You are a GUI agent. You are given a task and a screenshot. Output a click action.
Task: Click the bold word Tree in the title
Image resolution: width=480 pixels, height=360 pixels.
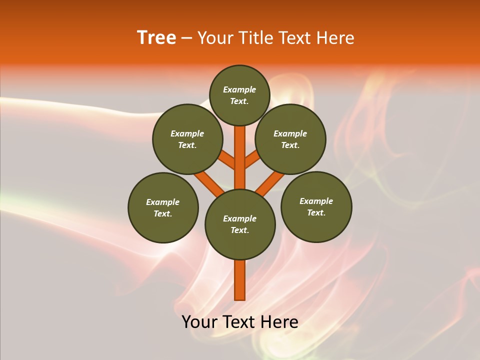pyautogui.click(x=156, y=38)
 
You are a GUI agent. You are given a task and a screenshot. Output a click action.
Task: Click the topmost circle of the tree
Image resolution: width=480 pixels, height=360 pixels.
pyautogui.click(x=239, y=95)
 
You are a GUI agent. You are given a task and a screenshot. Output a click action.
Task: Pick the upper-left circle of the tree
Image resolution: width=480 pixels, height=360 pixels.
pyautogui.click(x=187, y=139)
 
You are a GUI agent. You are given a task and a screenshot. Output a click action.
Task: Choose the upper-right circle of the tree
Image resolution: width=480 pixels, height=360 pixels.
pyautogui.click(x=290, y=139)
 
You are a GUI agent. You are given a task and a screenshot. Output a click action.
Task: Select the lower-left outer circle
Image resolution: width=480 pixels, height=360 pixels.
pyautogui.click(x=163, y=207)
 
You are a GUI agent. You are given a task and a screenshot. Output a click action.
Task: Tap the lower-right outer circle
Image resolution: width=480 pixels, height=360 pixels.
pyautogui.click(x=316, y=206)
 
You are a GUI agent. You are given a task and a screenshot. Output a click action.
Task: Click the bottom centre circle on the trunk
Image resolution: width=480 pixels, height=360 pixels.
pyautogui.click(x=240, y=224)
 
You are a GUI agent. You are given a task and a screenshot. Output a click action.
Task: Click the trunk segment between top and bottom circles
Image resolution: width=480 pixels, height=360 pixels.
pyautogui.click(x=240, y=157)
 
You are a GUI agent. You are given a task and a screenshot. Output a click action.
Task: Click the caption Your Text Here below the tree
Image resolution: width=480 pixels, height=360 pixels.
pyautogui.click(x=240, y=322)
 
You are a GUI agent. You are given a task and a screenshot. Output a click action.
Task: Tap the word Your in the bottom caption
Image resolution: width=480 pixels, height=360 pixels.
pyautogui.click(x=199, y=322)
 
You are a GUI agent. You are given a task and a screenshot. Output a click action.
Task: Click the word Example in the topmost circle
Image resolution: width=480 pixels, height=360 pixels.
pyautogui.click(x=239, y=89)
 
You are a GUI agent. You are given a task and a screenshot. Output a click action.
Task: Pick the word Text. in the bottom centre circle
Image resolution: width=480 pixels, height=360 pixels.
pyautogui.click(x=239, y=230)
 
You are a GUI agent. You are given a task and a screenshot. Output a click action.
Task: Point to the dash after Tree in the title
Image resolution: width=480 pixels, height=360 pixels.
pyautogui.click(x=186, y=38)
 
